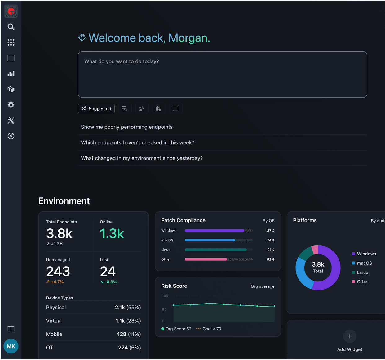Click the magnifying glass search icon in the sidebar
click(x=11, y=27)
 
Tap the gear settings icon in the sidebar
click(x=11, y=105)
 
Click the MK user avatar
click(x=11, y=346)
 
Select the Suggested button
click(x=96, y=109)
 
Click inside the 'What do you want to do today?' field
click(x=222, y=74)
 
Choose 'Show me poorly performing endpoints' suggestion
click(x=127, y=127)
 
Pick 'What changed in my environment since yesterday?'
click(x=142, y=158)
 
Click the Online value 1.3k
click(x=112, y=234)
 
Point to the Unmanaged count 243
click(x=58, y=272)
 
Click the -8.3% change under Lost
click(x=109, y=282)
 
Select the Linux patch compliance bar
click(x=215, y=250)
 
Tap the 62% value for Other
click(x=271, y=259)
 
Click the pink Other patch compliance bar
click(x=206, y=259)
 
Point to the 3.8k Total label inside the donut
click(x=318, y=267)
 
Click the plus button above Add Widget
click(x=350, y=336)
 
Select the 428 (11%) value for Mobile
click(x=128, y=334)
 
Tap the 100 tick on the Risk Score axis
click(x=165, y=296)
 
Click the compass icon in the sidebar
click(x=11, y=136)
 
